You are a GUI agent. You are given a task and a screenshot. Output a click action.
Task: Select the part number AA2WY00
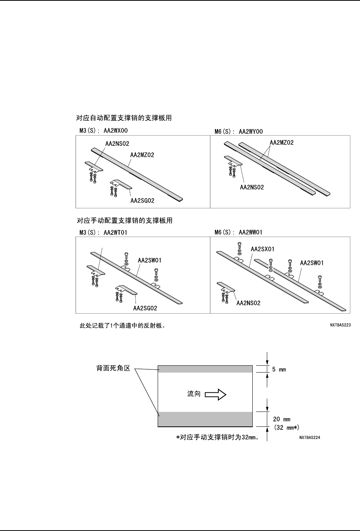(251, 132)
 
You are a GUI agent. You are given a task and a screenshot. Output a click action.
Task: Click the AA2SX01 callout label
(262, 249)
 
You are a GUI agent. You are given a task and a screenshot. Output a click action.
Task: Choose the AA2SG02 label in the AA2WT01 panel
(145, 308)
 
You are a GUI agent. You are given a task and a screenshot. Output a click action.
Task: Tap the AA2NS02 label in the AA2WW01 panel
(249, 303)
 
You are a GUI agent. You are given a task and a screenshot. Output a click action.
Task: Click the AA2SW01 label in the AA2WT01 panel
(149, 261)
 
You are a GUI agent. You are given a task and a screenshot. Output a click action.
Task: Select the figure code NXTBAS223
(340, 326)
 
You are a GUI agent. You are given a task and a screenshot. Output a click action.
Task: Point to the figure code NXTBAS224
(309, 438)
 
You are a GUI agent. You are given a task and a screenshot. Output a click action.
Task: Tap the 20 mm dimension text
(282, 419)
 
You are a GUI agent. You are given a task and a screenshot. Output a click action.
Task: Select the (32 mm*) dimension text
(286, 428)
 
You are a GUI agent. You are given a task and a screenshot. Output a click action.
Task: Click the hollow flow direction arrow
(216, 394)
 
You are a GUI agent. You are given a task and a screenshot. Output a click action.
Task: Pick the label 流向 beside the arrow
(194, 394)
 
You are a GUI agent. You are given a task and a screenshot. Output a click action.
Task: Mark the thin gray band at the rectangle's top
(205, 369)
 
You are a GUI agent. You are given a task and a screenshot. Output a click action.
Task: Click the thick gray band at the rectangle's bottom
(205, 419)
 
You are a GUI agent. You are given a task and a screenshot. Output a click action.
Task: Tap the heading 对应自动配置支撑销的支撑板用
(124, 118)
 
